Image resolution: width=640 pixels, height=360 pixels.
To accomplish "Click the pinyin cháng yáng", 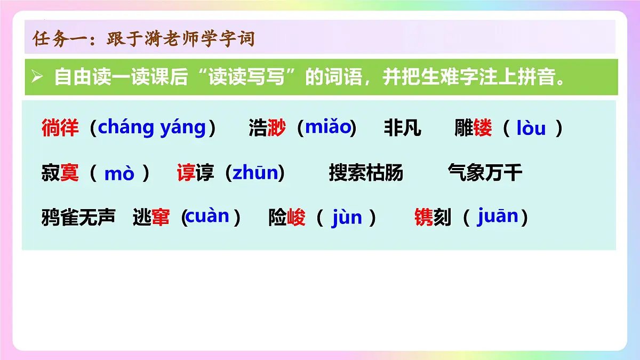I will click(x=151, y=128).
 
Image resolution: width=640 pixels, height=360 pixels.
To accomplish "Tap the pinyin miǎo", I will click(x=327, y=128).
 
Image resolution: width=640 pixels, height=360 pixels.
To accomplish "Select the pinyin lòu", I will click(x=532, y=129).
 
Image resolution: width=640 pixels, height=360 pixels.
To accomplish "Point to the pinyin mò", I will click(x=119, y=174).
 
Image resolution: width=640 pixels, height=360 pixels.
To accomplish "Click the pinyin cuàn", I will click(x=207, y=217).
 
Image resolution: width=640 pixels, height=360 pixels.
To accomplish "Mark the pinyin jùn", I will click(x=347, y=218).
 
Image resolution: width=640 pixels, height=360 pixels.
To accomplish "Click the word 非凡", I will click(x=402, y=129).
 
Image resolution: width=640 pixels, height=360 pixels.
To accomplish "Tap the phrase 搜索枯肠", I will click(x=366, y=173).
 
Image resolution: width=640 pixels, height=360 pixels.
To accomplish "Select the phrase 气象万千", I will click(x=485, y=173).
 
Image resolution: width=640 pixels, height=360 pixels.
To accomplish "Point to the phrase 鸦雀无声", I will click(x=78, y=218).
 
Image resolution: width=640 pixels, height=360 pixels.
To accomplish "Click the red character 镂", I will click(x=483, y=129).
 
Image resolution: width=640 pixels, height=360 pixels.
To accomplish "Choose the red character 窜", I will click(x=161, y=218).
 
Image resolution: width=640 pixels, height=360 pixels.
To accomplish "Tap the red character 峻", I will click(x=297, y=218).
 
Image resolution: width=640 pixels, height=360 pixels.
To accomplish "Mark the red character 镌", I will click(x=423, y=218).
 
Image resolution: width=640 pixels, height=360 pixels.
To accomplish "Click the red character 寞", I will click(x=69, y=173).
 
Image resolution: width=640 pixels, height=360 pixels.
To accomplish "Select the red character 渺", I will click(x=276, y=129).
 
